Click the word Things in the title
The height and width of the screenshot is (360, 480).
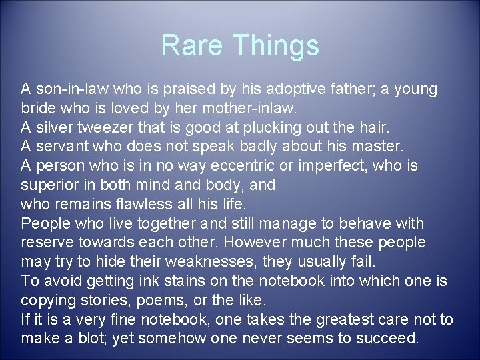(x=276, y=46)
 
